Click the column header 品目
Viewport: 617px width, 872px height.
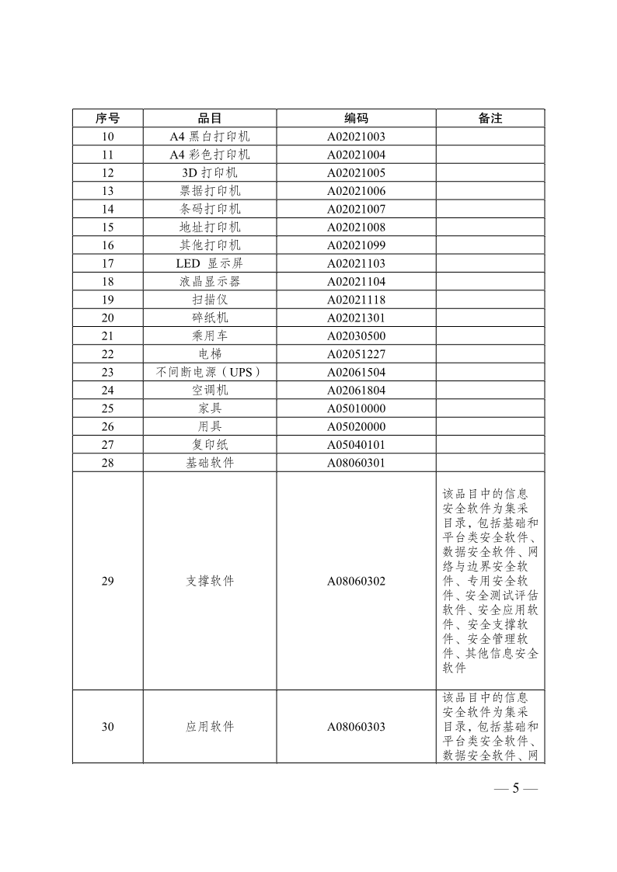tap(210, 118)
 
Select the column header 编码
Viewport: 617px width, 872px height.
tap(356, 118)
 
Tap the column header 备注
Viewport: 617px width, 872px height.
tap(490, 118)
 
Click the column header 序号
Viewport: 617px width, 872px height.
tap(107, 118)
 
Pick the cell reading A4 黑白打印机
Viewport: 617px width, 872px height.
tap(210, 137)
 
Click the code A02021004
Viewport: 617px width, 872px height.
tap(356, 155)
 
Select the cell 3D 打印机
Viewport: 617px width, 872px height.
tap(210, 172)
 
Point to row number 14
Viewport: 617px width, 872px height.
tap(107, 209)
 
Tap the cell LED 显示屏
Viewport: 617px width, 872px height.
tap(210, 263)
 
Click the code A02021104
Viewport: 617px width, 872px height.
tap(356, 282)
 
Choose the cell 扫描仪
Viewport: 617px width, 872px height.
tap(210, 300)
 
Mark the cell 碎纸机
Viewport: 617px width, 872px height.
tap(210, 318)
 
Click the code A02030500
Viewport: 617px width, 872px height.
tap(356, 336)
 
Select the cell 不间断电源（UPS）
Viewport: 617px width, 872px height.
tap(210, 372)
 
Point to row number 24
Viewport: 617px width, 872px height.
tap(107, 391)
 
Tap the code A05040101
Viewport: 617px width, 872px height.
tap(356, 445)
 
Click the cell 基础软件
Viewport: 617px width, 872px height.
tap(210, 463)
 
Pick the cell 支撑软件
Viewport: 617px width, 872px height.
tap(210, 581)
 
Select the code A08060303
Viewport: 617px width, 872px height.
tap(356, 727)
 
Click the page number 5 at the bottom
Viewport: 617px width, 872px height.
tap(514, 789)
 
